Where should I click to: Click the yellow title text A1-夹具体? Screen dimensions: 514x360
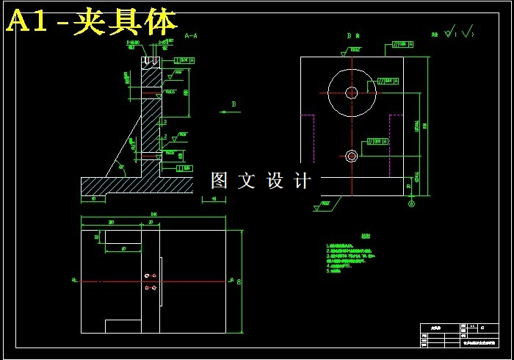click(x=93, y=23)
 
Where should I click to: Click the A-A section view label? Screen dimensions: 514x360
click(x=191, y=35)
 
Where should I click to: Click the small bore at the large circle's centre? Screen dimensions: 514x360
click(x=352, y=92)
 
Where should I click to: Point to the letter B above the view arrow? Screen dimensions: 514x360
click(x=234, y=104)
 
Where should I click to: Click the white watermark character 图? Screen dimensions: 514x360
click(x=220, y=180)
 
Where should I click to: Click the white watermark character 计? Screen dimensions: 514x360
click(x=302, y=180)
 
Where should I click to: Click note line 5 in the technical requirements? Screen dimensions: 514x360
click(x=336, y=271)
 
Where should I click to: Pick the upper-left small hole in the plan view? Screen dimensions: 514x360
click(x=148, y=276)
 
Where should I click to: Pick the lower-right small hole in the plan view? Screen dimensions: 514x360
click(x=154, y=288)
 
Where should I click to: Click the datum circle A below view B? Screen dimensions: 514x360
click(x=411, y=204)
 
